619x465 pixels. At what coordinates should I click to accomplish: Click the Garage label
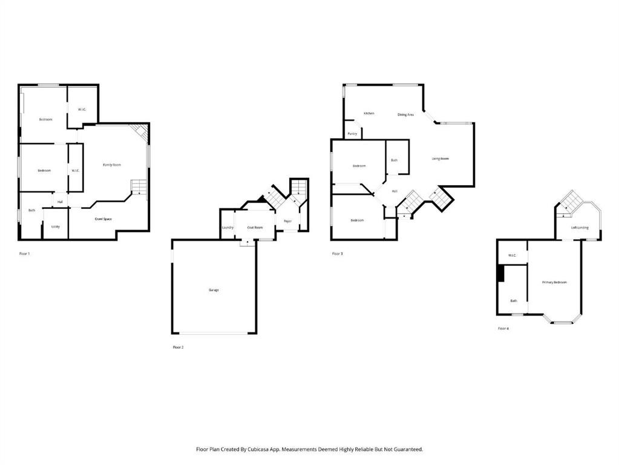point(214,290)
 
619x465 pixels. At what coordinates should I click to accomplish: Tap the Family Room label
point(112,165)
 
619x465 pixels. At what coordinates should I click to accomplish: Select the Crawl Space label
point(103,219)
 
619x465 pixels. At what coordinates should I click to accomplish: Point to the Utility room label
point(56,226)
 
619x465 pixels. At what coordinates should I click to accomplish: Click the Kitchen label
point(368,113)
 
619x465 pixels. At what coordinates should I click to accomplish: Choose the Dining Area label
point(405,114)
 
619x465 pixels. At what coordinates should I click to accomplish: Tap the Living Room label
point(440,159)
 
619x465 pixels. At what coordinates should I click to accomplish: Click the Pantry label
point(352,133)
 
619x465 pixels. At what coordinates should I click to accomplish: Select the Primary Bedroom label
point(554,282)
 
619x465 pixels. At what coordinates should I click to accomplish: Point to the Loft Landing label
point(580,228)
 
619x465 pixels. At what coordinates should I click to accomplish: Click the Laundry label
point(228,228)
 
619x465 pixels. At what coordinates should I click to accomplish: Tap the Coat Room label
point(255,228)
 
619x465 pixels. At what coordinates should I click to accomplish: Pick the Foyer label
point(287,221)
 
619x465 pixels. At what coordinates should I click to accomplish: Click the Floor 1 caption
point(24,254)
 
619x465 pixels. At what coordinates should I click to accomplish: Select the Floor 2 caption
point(178,348)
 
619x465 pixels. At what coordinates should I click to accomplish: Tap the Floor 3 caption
point(338,254)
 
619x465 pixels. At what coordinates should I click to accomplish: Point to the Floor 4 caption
point(503,328)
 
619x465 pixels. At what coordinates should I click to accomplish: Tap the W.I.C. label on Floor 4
point(512,256)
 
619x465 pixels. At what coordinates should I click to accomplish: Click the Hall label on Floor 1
point(60,202)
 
